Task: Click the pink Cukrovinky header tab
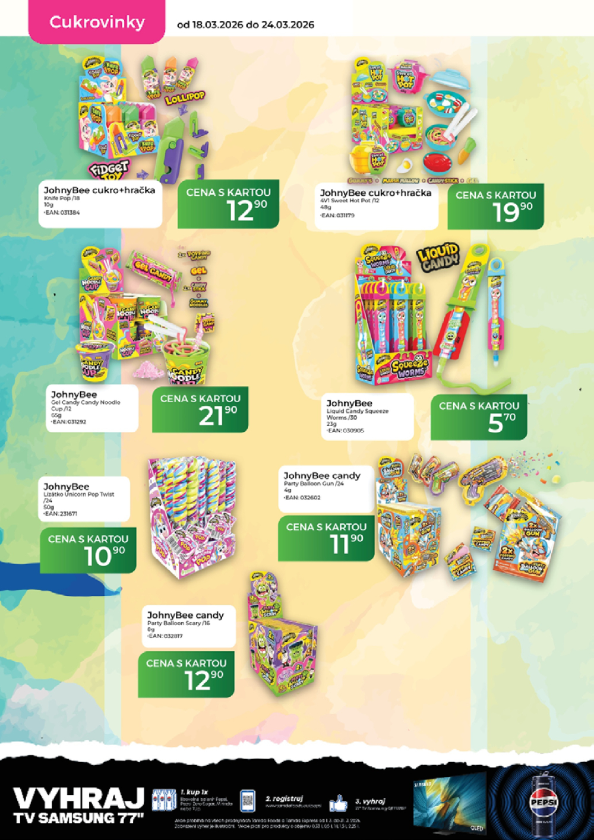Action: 97,23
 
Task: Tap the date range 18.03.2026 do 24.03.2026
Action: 245,25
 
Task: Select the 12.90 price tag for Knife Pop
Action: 228,204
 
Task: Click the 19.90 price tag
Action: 495,206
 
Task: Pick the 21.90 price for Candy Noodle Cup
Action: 200,410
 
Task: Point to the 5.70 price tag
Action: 479,417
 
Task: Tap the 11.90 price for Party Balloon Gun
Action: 326,538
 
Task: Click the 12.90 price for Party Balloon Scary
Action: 186,675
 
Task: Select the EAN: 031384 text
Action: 62,212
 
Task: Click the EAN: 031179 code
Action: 337,216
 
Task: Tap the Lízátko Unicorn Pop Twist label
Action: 78,494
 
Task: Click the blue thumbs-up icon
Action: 338,803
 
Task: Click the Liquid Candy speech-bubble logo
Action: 438,257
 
